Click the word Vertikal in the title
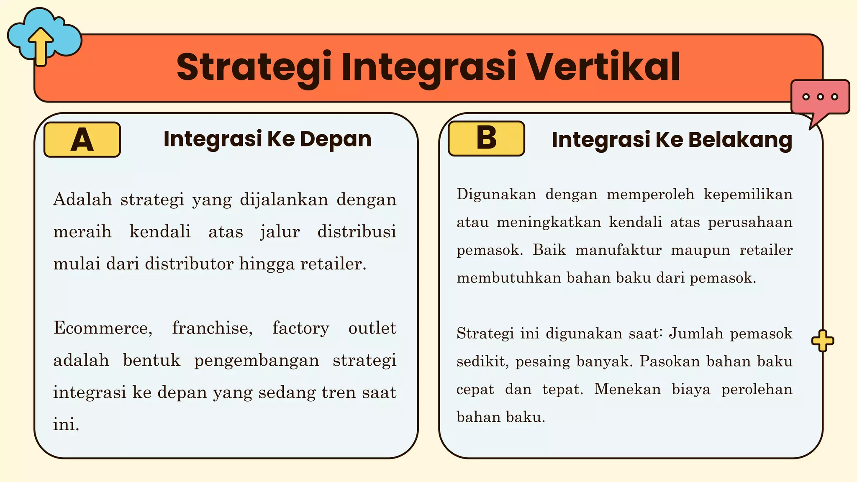[603, 67]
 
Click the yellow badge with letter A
[82, 140]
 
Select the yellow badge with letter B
[486, 138]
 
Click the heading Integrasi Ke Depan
[267, 139]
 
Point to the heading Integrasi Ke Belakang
[672, 140]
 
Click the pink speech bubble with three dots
[820, 99]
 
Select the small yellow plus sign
[822, 341]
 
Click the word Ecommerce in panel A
[103, 328]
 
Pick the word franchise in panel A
[212, 328]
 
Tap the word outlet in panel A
[372, 328]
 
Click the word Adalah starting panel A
[82, 200]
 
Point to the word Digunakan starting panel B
[496, 194]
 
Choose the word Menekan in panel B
[627, 389]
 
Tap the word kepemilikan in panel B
[748, 194]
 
